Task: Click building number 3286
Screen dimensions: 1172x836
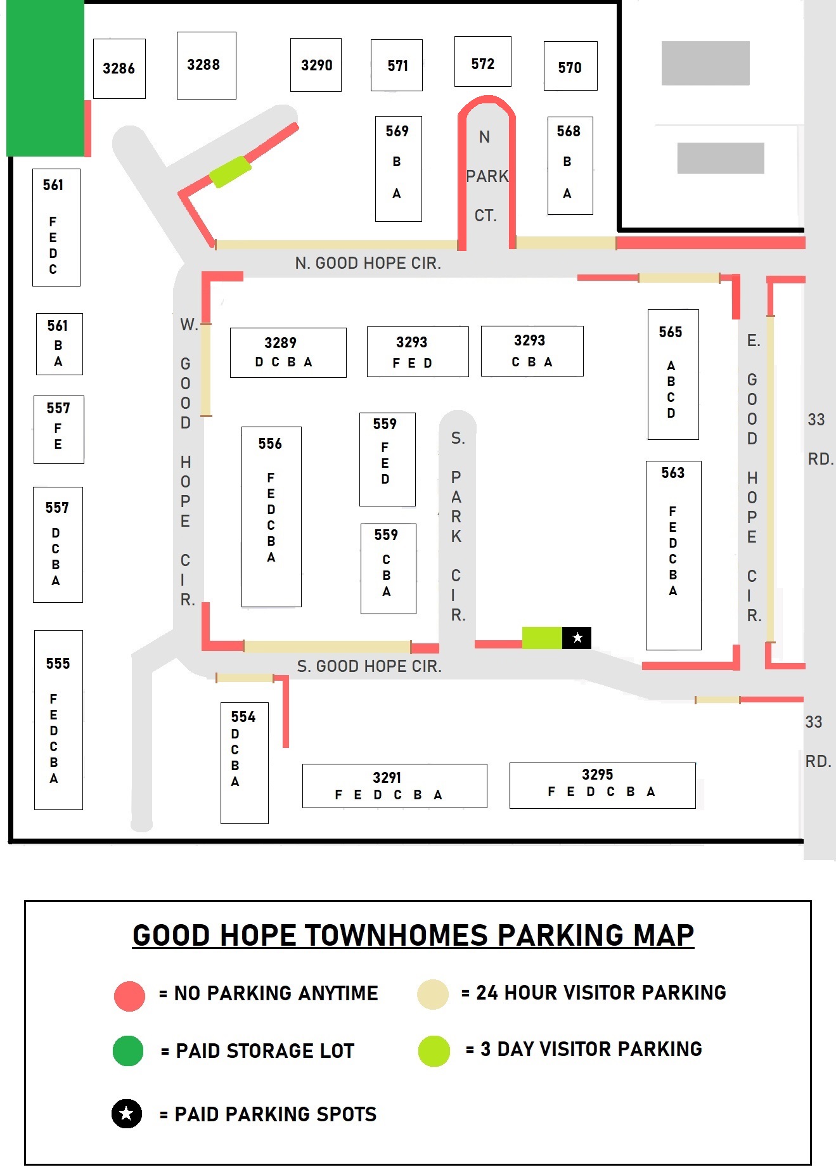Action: (x=119, y=68)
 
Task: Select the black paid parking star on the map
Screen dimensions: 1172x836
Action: (x=577, y=638)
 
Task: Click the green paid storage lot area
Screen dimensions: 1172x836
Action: (x=45, y=77)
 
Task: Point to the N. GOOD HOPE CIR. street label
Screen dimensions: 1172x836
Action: (x=368, y=263)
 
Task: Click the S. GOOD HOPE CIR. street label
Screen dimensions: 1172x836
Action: (x=369, y=666)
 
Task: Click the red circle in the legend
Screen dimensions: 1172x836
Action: (x=129, y=996)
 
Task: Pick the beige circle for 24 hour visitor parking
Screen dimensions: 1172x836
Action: (x=433, y=995)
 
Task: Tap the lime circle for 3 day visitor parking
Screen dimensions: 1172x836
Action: (x=434, y=1051)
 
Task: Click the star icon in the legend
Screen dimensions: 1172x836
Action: (x=127, y=1113)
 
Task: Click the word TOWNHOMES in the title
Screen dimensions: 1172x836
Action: (x=396, y=936)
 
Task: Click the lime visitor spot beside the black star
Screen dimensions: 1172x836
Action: (x=542, y=638)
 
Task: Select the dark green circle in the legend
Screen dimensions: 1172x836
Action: (x=129, y=1051)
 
